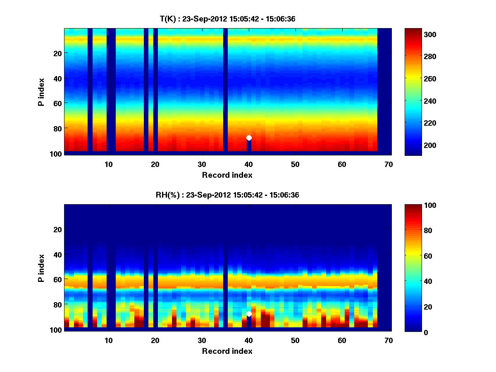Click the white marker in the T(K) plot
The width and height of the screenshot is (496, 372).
point(249,138)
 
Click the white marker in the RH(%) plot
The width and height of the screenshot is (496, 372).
point(249,314)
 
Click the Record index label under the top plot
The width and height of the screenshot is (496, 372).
point(227,175)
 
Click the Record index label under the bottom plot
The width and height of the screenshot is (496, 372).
point(227,351)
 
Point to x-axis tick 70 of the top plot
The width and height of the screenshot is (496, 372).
point(389,164)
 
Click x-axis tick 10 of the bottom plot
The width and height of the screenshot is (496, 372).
point(108,340)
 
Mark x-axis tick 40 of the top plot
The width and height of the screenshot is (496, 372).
point(249,164)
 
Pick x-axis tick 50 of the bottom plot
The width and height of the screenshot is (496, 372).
point(295,340)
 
